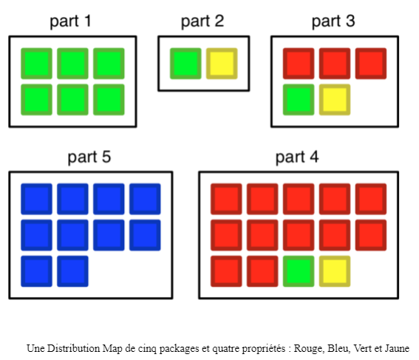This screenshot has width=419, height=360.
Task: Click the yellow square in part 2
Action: point(222,64)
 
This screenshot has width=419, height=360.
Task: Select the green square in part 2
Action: point(185,64)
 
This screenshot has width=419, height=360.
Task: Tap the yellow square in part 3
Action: point(335,100)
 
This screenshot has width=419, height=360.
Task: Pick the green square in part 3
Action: point(299,100)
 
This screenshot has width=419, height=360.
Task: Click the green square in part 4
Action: point(299,271)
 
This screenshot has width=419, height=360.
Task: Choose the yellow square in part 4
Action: point(335,271)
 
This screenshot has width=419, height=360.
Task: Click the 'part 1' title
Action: point(70,21)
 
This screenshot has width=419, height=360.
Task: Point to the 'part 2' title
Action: point(202,21)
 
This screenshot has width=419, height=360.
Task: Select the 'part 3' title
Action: point(333,21)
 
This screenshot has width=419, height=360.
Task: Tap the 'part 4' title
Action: point(297,157)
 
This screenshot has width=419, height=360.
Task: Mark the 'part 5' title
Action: point(89,157)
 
